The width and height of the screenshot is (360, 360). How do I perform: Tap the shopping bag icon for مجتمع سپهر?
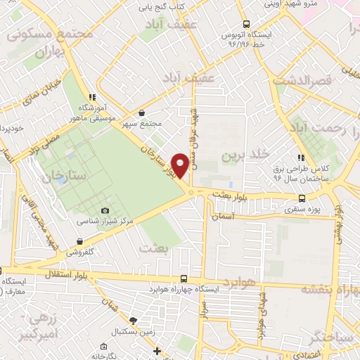pyautogui.click(x=142, y=112)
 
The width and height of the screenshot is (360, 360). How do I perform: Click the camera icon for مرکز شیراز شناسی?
pyautogui.click(x=105, y=210)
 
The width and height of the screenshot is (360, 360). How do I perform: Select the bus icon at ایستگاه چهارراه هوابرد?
pyautogui.click(x=184, y=278)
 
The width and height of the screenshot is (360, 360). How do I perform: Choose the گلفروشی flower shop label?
pyautogui.click(x=82, y=251)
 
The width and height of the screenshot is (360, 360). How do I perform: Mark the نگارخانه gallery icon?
pyautogui.click(x=103, y=346)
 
